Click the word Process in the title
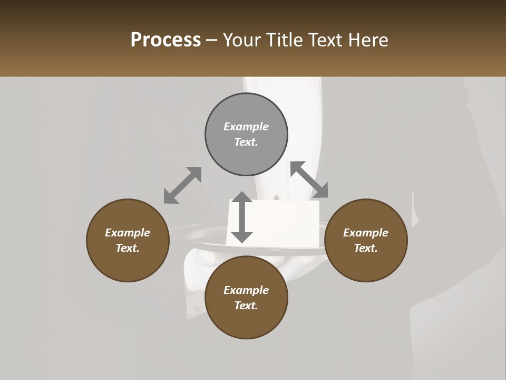click(x=166, y=40)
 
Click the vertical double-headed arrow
click(x=242, y=217)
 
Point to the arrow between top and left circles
click(x=182, y=185)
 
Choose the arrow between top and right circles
click(x=309, y=179)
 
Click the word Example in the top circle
click(x=246, y=127)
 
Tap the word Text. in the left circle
click(x=128, y=248)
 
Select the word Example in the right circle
click(x=366, y=233)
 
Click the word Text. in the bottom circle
click(x=246, y=306)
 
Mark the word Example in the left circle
click(x=128, y=233)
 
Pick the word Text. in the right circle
click(x=366, y=248)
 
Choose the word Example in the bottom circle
click(x=246, y=290)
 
